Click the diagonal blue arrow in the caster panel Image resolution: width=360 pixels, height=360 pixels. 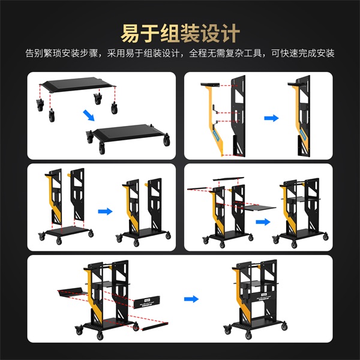(x=88, y=115)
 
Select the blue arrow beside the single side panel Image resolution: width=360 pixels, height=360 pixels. (x=272, y=118)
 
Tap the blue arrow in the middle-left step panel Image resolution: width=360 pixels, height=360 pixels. (x=106, y=211)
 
